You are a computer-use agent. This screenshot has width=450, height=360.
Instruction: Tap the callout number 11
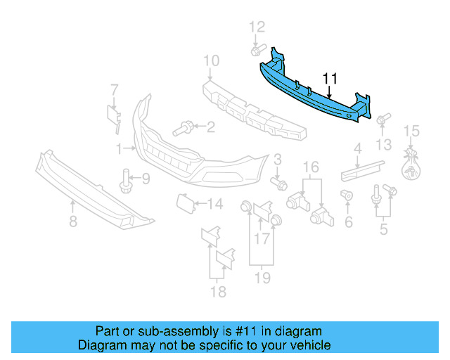pos(330,79)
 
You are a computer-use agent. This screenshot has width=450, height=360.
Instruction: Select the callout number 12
pos(257,27)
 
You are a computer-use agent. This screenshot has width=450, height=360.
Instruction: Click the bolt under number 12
pos(257,51)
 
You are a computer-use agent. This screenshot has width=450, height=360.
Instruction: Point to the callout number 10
pos(211,62)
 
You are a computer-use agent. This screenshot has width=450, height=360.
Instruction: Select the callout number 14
pos(215,205)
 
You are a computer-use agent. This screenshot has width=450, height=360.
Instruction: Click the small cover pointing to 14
pos(185,203)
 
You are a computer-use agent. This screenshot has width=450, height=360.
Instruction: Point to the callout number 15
pos(411,131)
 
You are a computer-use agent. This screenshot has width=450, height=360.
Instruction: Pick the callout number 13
pos(383,145)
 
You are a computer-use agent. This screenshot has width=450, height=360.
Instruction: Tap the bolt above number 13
pos(383,120)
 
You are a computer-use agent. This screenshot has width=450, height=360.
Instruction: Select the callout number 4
pos(357,148)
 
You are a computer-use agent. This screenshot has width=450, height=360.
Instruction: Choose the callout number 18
pos(219,291)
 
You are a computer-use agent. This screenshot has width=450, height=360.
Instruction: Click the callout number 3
pos(278,160)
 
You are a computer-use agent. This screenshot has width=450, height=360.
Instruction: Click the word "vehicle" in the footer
pos(309,346)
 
